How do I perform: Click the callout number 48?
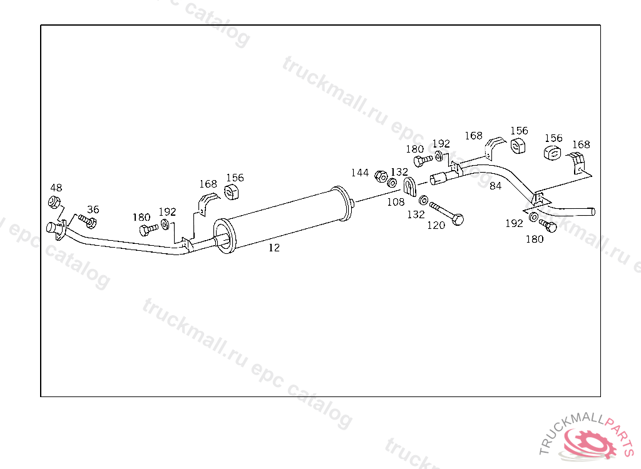(56, 188)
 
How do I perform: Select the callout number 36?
(93, 209)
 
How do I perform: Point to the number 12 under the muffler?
(274, 248)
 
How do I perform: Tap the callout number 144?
(359, 173)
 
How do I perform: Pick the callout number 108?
(396, 201)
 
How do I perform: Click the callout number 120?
(436, 225)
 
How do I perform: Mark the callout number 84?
(496, 186)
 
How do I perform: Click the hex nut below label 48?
(54, 202)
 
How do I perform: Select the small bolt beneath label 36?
(88, 221)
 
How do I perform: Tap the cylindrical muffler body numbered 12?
(285, 216)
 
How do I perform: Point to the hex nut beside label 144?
(379, 176)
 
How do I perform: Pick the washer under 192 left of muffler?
(164, 224)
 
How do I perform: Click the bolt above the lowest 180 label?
(548, 226)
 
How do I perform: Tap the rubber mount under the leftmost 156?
(233, 191)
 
